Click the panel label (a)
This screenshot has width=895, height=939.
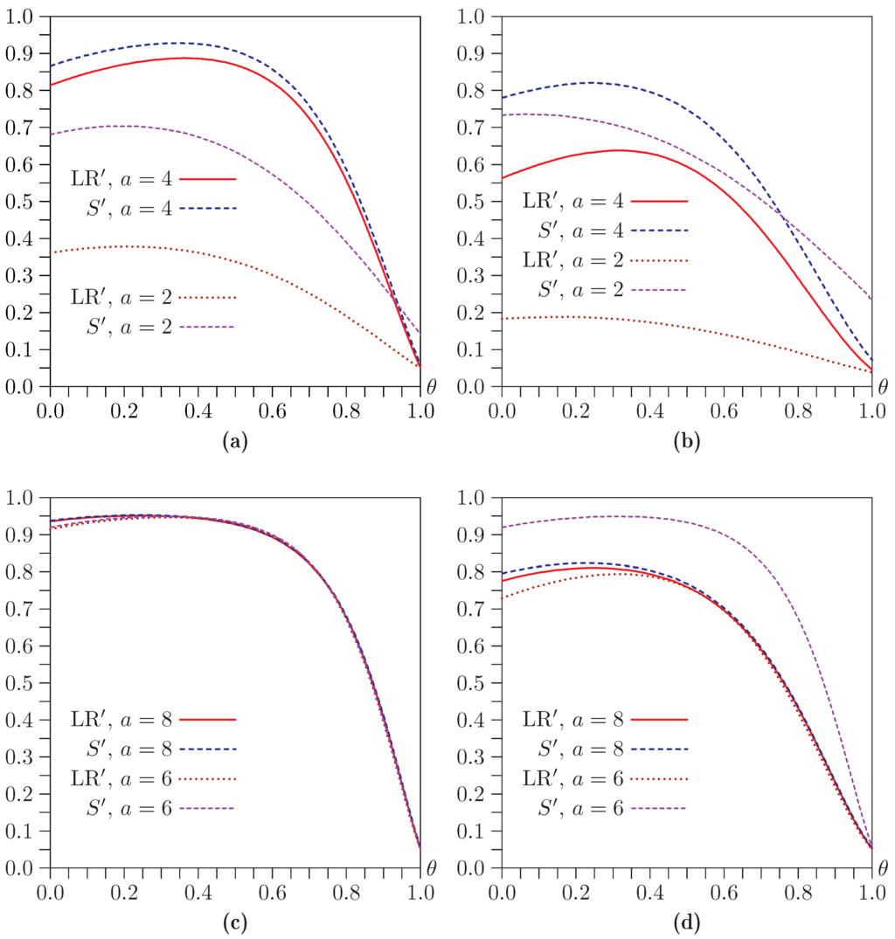[x=235, y=442]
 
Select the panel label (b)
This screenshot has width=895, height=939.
[x=687, y=442]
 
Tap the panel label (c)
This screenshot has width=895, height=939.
[x=235, y=923]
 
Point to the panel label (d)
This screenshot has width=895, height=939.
[x=687, y=923]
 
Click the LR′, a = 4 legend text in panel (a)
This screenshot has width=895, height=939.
[x=121, y=178]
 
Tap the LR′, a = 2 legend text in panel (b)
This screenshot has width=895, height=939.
[x=574, y=260]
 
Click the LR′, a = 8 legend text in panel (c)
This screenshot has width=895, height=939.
[x=121, y=720]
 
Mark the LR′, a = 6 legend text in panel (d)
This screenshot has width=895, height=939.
[x=574, y=779]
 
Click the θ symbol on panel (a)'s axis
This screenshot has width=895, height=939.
[x=431, y=385]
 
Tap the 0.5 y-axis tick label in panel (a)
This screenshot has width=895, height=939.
[x=19, y=201]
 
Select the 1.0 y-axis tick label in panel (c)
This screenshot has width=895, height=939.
[x=19, y=497]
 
